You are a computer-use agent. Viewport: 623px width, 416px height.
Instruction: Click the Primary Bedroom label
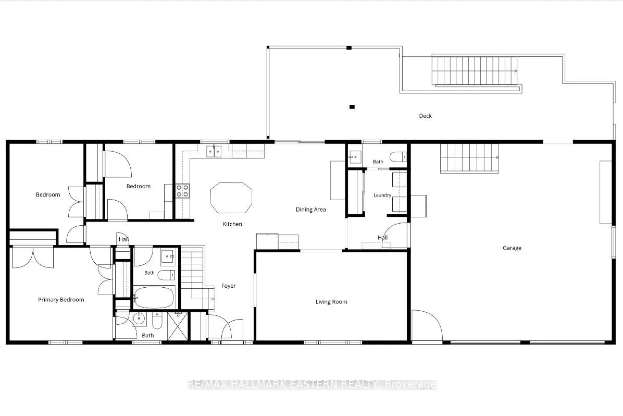click(x=61, y=299)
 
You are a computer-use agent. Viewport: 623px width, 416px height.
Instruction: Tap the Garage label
click(x=512, y=248)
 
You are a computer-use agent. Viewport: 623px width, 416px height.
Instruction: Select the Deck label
click(x=425, y=116)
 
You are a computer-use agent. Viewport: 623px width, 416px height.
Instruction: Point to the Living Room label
click(x=331, y=302)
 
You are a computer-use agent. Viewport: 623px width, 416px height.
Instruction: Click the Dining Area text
click(x=310, y=210)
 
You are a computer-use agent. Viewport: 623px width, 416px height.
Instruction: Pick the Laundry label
click(x=382, y=195)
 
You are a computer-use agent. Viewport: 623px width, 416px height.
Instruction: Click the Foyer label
click(x=229, y=286)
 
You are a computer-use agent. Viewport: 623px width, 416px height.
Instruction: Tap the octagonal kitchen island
click(x=231, y=198)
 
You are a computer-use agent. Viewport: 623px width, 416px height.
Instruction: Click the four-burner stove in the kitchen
click(x=183, y=191)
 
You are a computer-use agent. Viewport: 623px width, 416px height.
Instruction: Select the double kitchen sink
click(x=214, y=152)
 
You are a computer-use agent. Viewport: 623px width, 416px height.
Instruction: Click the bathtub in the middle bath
click(x=154, y=297)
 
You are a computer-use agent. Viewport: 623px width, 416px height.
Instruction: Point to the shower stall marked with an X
click(x=178, y=326)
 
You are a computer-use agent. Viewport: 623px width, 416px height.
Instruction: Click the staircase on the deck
click(x=475, y=70)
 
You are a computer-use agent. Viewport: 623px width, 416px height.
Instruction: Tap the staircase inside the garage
click(x=469, y=158)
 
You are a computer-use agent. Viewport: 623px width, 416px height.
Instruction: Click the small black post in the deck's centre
click(x=352, y=106)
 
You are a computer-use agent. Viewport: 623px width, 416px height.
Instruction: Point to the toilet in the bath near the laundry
click(x=398, y=157)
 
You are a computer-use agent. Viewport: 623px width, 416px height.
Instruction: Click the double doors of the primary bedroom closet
click(x=33, y=257)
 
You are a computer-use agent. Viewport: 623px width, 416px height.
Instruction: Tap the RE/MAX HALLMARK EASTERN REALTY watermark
click(x=312, y=385)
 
